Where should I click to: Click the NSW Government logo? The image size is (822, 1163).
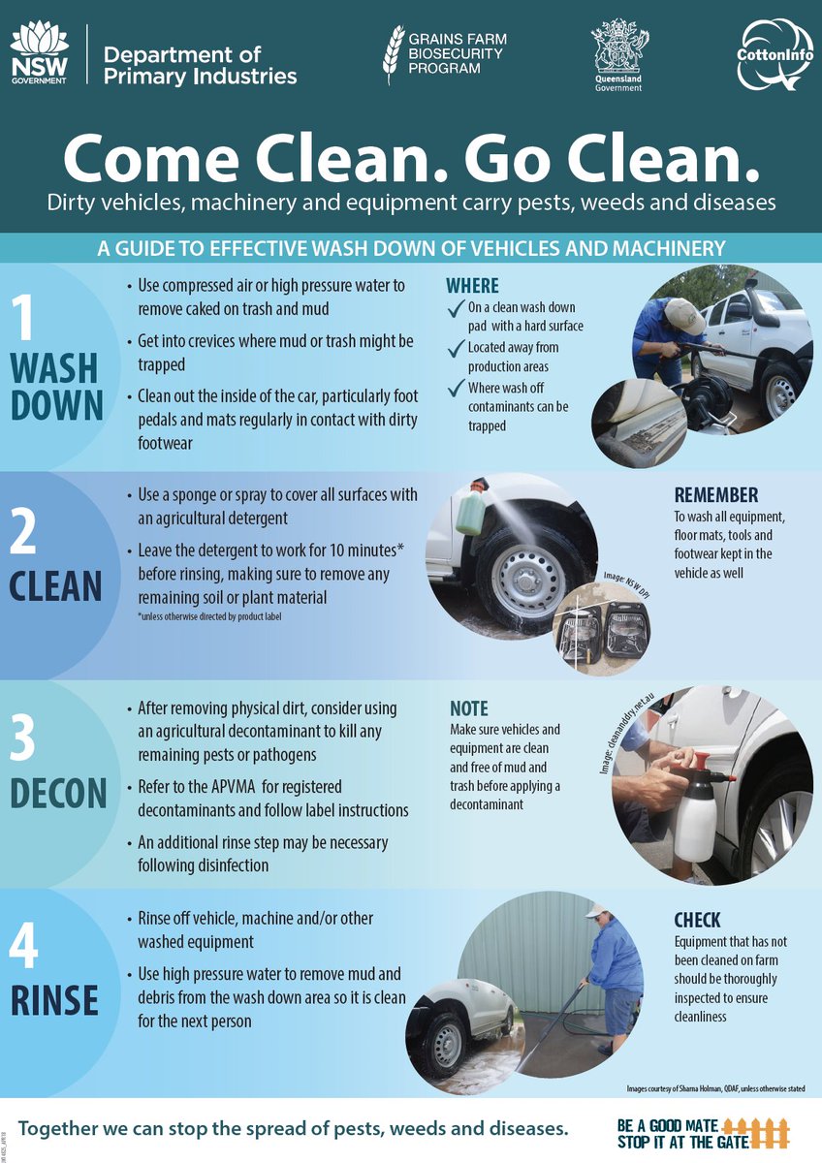point(39,54)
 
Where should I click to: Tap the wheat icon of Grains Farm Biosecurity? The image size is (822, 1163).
point(393,54)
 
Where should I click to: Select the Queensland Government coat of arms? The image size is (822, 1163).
point(619,53)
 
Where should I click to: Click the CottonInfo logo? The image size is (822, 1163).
point(775,55)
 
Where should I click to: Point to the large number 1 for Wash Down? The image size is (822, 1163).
point(22,318)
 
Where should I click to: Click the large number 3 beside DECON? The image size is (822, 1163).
point(22,737)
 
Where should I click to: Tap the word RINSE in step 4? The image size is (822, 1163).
point(54,1000)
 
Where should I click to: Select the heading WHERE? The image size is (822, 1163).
point(472,286)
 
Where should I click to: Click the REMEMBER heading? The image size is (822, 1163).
point(716,495)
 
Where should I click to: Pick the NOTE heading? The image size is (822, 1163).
point(469,708)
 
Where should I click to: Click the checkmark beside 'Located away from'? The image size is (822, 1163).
point(456,349)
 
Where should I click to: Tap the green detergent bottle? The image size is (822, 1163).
point(471,509)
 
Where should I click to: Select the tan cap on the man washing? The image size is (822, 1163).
point(685,316)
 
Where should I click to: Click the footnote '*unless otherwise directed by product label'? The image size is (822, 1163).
point(209,616)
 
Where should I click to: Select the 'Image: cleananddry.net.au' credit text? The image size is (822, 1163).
point(622,733)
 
